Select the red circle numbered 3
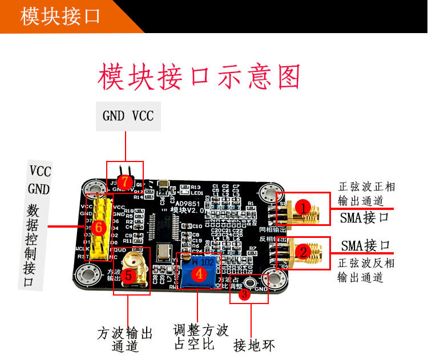[x=244, y=294]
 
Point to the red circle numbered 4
[x=199, y=274]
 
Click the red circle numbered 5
[x=128, y=276]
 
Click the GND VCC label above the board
[x=128, y=116]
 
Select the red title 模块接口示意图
[x=199, y=76]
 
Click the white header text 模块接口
[x=60, y=17]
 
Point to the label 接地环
[x=255, y=345]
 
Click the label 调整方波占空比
[x=200, y=337]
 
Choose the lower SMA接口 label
[x=366, y=246]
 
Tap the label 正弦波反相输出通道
[x=366, y=270]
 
